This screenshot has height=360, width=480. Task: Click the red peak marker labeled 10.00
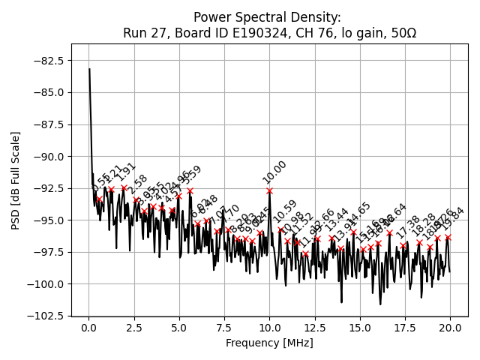tap(269, 190)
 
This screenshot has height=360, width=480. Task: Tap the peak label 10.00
tap(274, 172)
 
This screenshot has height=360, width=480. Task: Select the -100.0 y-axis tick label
tap(47, 284)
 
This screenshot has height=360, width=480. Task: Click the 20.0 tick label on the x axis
tap(450, 328)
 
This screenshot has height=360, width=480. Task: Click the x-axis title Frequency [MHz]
tap(269, 343)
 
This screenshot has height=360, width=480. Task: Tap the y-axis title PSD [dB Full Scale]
tap(16, 180)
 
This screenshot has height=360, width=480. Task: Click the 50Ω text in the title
tap(402, 34)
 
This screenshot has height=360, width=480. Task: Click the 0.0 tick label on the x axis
tap(89, 328)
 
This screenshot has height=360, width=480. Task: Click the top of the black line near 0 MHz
tap(89, 69)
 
